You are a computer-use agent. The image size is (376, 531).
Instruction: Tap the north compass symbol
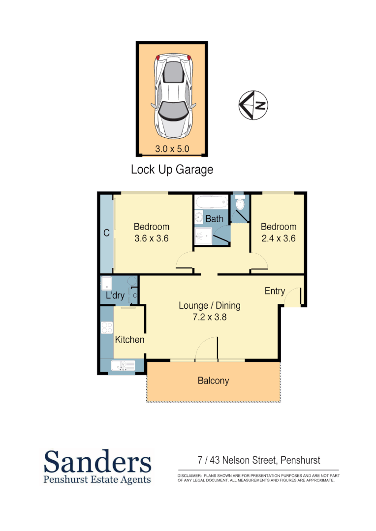(x=253, y=105)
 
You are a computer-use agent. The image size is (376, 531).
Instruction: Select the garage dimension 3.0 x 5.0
(x=172, y=148)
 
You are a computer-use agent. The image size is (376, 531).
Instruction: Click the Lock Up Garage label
(x=172, y=170)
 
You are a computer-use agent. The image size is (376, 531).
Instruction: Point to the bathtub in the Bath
(x=210, y=202)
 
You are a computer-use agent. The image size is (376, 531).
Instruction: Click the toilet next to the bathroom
(x=240, y=203)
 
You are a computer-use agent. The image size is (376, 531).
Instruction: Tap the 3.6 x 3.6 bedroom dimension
(x=152, y=238)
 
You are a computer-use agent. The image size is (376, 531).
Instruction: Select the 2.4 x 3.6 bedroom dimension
(x=279, y=238)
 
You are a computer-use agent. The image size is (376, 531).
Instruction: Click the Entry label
(x=275, y=291)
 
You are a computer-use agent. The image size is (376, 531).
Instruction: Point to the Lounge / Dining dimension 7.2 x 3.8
(x=209, y=317)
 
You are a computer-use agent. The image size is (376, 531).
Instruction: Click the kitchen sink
(x=123, y=365)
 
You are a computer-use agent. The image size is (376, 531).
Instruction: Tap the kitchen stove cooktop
(x=107, y=328)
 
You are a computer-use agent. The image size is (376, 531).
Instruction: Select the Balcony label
(x=214, y=381)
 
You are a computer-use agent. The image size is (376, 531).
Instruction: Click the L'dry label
(x=115, y=296)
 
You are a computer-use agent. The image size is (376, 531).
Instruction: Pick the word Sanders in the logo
(x=97, y=462)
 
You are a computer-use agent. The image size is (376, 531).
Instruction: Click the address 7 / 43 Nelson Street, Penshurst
(x=258, y=461)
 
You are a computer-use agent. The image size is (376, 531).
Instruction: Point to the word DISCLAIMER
(x=189, y=476)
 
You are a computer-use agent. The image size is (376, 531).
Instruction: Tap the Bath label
(x=214, y=219)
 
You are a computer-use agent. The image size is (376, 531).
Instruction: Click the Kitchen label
(x=129, y=340)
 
